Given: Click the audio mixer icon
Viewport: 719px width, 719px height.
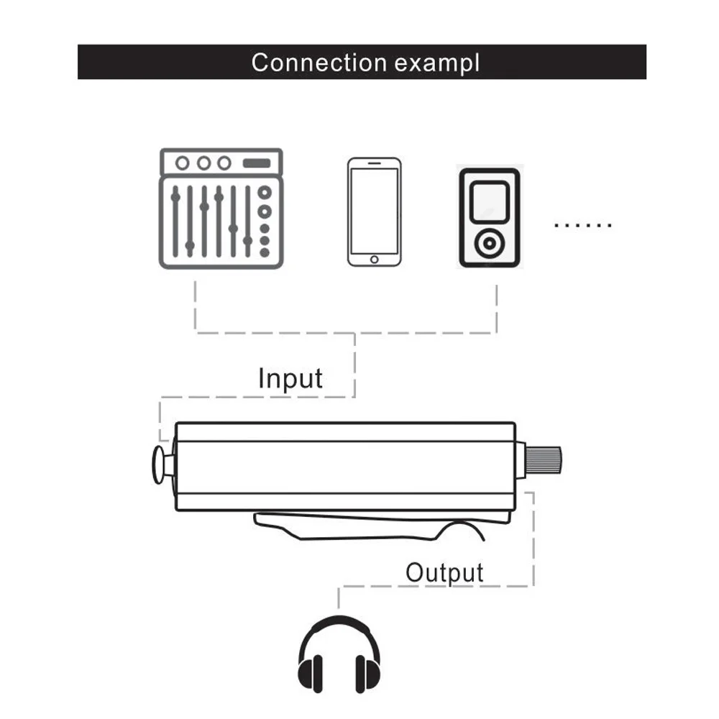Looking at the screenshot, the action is pyautogui.click(x=221, y=209).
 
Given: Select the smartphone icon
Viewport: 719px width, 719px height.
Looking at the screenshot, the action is pyautogui.click(x=374, y=212).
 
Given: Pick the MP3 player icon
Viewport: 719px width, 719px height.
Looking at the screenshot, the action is pyautogui.click(x=489, y=218).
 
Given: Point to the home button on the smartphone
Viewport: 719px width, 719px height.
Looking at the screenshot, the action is pyautogui.click(x=374, y=259).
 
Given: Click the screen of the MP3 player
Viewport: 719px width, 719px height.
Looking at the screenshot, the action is pyautogui.click(x=489, y=201).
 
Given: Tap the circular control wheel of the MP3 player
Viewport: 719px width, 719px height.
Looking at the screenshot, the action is pyautogui.click(x=489, y=244).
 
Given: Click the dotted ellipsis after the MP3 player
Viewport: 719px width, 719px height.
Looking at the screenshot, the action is pyautogui.click(x=583, y=226).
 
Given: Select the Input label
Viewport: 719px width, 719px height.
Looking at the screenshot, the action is pyautogui.click(x=290, y=378).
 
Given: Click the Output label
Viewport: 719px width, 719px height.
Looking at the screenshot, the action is pyautogui.click(x=444, y=573).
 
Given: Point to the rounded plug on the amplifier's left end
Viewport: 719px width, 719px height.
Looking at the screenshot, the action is pyautogui.click(x=159, y=464).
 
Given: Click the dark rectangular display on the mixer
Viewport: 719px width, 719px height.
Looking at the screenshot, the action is pyautogui.click(x=257, y=163).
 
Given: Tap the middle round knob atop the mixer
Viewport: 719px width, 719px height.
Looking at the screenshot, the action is pyautogui.click(x=203, y=163).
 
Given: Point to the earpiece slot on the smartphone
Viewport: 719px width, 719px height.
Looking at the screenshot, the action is pyautogui.click(x=374, y=165).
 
